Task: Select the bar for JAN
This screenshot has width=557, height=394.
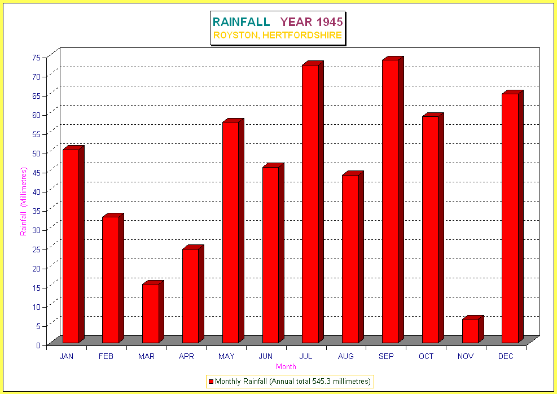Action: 71,246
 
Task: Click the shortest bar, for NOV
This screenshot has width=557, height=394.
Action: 470,331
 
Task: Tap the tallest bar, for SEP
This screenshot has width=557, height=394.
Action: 390,201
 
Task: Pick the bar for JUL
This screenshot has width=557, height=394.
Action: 310,204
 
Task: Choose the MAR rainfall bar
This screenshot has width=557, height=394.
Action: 150,313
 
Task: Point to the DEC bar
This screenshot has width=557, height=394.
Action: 510,218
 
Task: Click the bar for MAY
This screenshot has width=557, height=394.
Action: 230,232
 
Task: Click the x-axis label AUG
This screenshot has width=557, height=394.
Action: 346,357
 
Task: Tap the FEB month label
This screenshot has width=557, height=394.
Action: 106,357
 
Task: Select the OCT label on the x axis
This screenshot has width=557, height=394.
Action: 426,357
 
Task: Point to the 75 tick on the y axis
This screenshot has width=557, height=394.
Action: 36,57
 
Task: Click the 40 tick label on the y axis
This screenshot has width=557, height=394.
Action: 36,191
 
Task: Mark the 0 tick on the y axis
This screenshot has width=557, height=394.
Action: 38,345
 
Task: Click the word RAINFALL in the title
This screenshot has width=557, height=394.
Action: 241,22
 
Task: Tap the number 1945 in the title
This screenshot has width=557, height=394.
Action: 329,22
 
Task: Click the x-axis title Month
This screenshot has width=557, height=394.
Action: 286,367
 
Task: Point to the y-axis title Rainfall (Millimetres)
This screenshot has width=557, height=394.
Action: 23,202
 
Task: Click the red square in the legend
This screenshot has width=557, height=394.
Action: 211,382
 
